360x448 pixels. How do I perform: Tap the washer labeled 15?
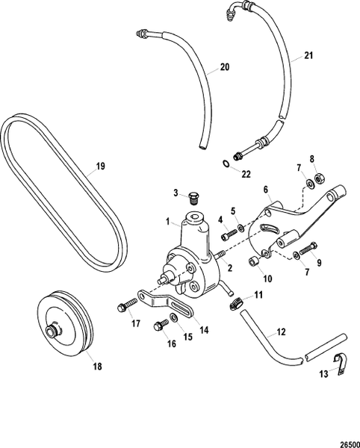175,320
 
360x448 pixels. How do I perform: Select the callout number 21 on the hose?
308,55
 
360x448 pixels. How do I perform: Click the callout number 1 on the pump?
170,222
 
